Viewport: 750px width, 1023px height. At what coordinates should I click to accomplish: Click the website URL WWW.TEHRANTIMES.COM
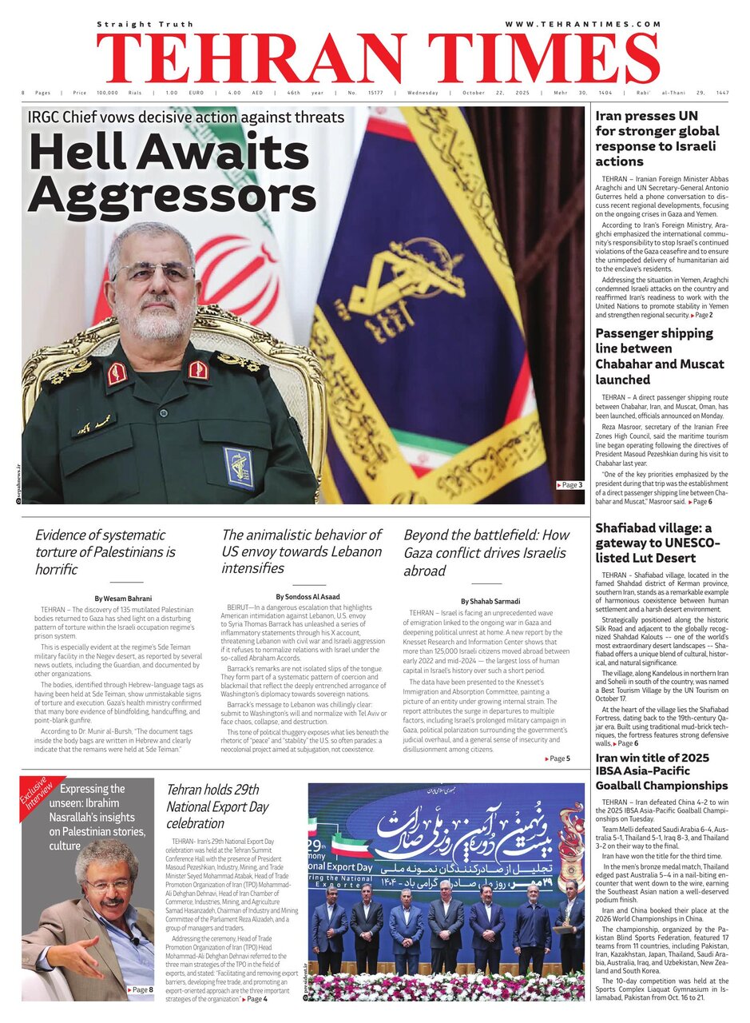tap(582, 24)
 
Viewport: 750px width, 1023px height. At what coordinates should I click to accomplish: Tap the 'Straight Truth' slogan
tap(141, 24)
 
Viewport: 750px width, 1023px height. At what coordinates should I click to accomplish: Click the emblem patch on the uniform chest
tap(238, 467)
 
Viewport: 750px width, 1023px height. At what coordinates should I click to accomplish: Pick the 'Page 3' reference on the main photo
tap(569, 485)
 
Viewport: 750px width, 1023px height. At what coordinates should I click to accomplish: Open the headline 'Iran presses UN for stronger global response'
tap(657, 138)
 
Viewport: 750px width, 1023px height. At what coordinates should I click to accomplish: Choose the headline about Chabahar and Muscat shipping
tap(660, 356)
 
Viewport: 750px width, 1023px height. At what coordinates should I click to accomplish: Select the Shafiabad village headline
tap(657, 543)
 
